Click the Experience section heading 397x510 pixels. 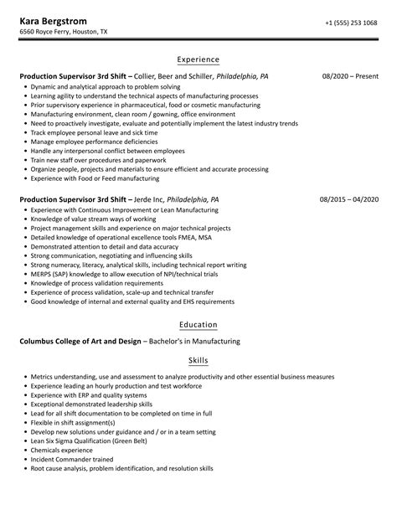(x=198, y=59)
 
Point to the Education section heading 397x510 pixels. (x=198, y=324)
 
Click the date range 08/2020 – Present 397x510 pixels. (x=350, y=76)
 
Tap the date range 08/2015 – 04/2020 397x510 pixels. (x=349, y=200)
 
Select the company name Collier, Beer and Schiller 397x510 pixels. (x=172, y=76)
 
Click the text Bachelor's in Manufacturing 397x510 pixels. (x=193, y=341)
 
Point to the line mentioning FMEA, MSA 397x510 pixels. (x=108, y=238)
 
